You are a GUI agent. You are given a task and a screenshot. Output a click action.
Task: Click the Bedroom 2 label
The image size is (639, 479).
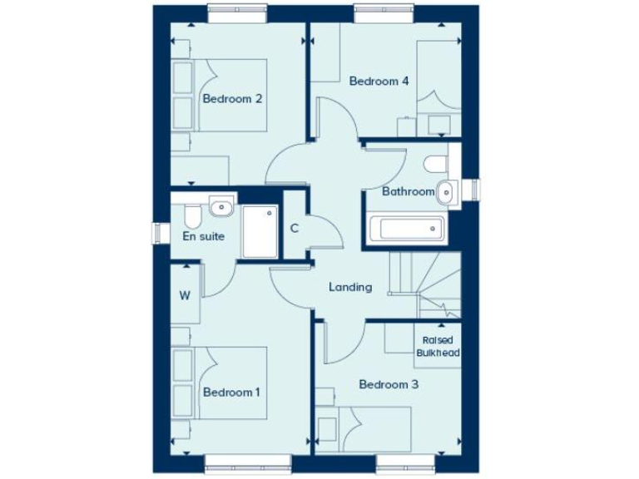coord(233,99)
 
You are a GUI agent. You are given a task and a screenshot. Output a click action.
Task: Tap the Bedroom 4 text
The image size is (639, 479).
coord(379,81)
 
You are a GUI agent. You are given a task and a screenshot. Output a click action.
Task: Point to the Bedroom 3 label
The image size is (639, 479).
coord(388,384)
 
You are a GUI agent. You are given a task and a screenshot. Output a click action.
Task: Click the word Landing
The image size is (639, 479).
coord(350,288)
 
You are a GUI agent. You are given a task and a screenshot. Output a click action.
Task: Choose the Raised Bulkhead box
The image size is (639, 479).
coord(438,346)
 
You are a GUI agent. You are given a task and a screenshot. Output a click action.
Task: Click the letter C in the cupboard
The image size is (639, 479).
coord(295,228)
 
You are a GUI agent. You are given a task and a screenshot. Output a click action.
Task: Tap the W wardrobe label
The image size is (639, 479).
coord(186,295)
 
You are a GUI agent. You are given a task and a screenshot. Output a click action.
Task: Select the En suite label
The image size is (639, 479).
coord(203,236)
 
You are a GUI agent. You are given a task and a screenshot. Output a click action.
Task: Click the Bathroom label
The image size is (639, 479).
coord(408,192)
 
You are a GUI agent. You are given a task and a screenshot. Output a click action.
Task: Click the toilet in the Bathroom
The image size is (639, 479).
coord(434,164)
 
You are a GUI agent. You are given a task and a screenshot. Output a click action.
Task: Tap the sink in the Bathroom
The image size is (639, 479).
coord(446,192)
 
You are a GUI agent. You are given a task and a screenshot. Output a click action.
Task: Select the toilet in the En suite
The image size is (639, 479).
coord(191,215)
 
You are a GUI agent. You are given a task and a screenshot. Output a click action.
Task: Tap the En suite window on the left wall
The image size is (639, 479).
coord(156,234)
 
